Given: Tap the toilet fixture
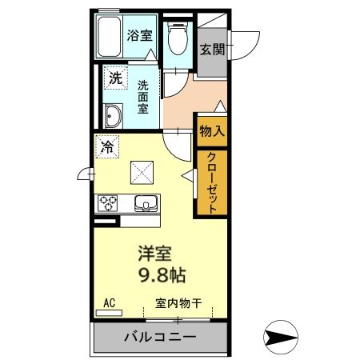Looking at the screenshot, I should pyautogui.click(x=178, y=38).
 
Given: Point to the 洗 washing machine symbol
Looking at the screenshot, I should pyautogui.click(x=115, y=78).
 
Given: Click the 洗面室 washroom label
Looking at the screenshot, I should pyautogui.click(x=142, y=97).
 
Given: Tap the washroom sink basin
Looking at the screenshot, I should pyautogui.click(x=111, y=117).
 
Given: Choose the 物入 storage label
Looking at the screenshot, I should pyautogui.click(x=210, y=130).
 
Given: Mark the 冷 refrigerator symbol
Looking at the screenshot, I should pyautogui.click(x=106, y=146).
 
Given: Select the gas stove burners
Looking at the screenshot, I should pyautogui.click(x=108, y=202).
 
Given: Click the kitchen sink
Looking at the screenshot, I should pyautogui.click(x=146, y=202).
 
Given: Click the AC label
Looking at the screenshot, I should pyautogui.click(x=110, y=303).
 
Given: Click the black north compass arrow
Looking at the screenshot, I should pyautogui.click(x=282, y=335).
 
